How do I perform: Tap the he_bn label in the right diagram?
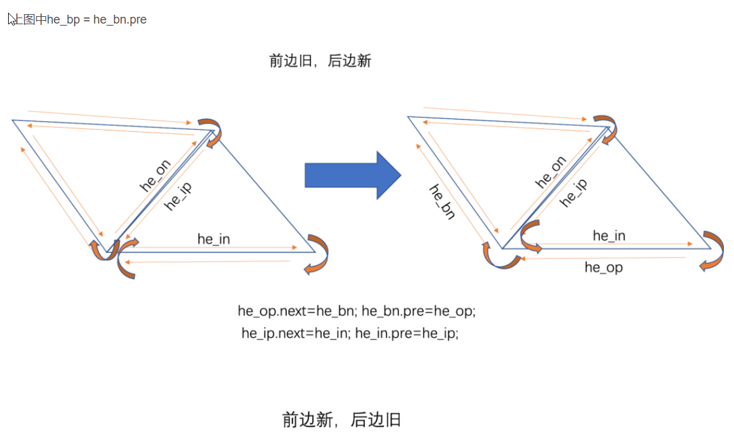point(442,201)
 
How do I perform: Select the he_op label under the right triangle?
point(603,268)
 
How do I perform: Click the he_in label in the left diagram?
point(213,239)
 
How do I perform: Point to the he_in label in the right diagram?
point(609,235)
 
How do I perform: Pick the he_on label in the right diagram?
point(551,172)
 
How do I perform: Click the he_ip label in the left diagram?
point(178,196)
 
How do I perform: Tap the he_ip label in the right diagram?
point(574,192)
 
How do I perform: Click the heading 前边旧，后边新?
point(320,61)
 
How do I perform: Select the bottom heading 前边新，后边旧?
point(341,421)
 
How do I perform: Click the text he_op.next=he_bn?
point(298,312)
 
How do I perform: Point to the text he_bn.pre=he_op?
point(419,312)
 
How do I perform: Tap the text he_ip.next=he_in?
point(296,333)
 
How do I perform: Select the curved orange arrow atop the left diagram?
point(211,131)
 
